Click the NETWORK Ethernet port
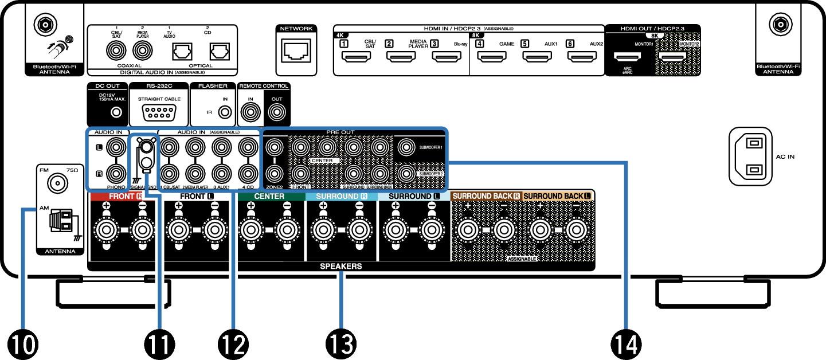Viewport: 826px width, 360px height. [x=296, y=52]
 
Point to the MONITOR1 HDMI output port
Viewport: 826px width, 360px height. [x=628, y=57]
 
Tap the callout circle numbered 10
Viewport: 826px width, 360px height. [x=22, y=344]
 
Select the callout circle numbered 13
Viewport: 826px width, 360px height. [x=341, y=344]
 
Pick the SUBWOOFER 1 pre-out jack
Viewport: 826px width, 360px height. [x=406, y=147]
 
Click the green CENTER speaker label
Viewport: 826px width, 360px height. [x=269, y=196]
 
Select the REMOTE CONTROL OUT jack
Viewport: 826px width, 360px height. [x=276, y=112]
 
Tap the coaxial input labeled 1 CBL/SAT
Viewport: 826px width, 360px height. [x=116, y=52]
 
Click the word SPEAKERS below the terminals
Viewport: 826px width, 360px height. [x=341, y=267]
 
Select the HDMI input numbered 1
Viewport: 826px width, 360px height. [x=356, y=57]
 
